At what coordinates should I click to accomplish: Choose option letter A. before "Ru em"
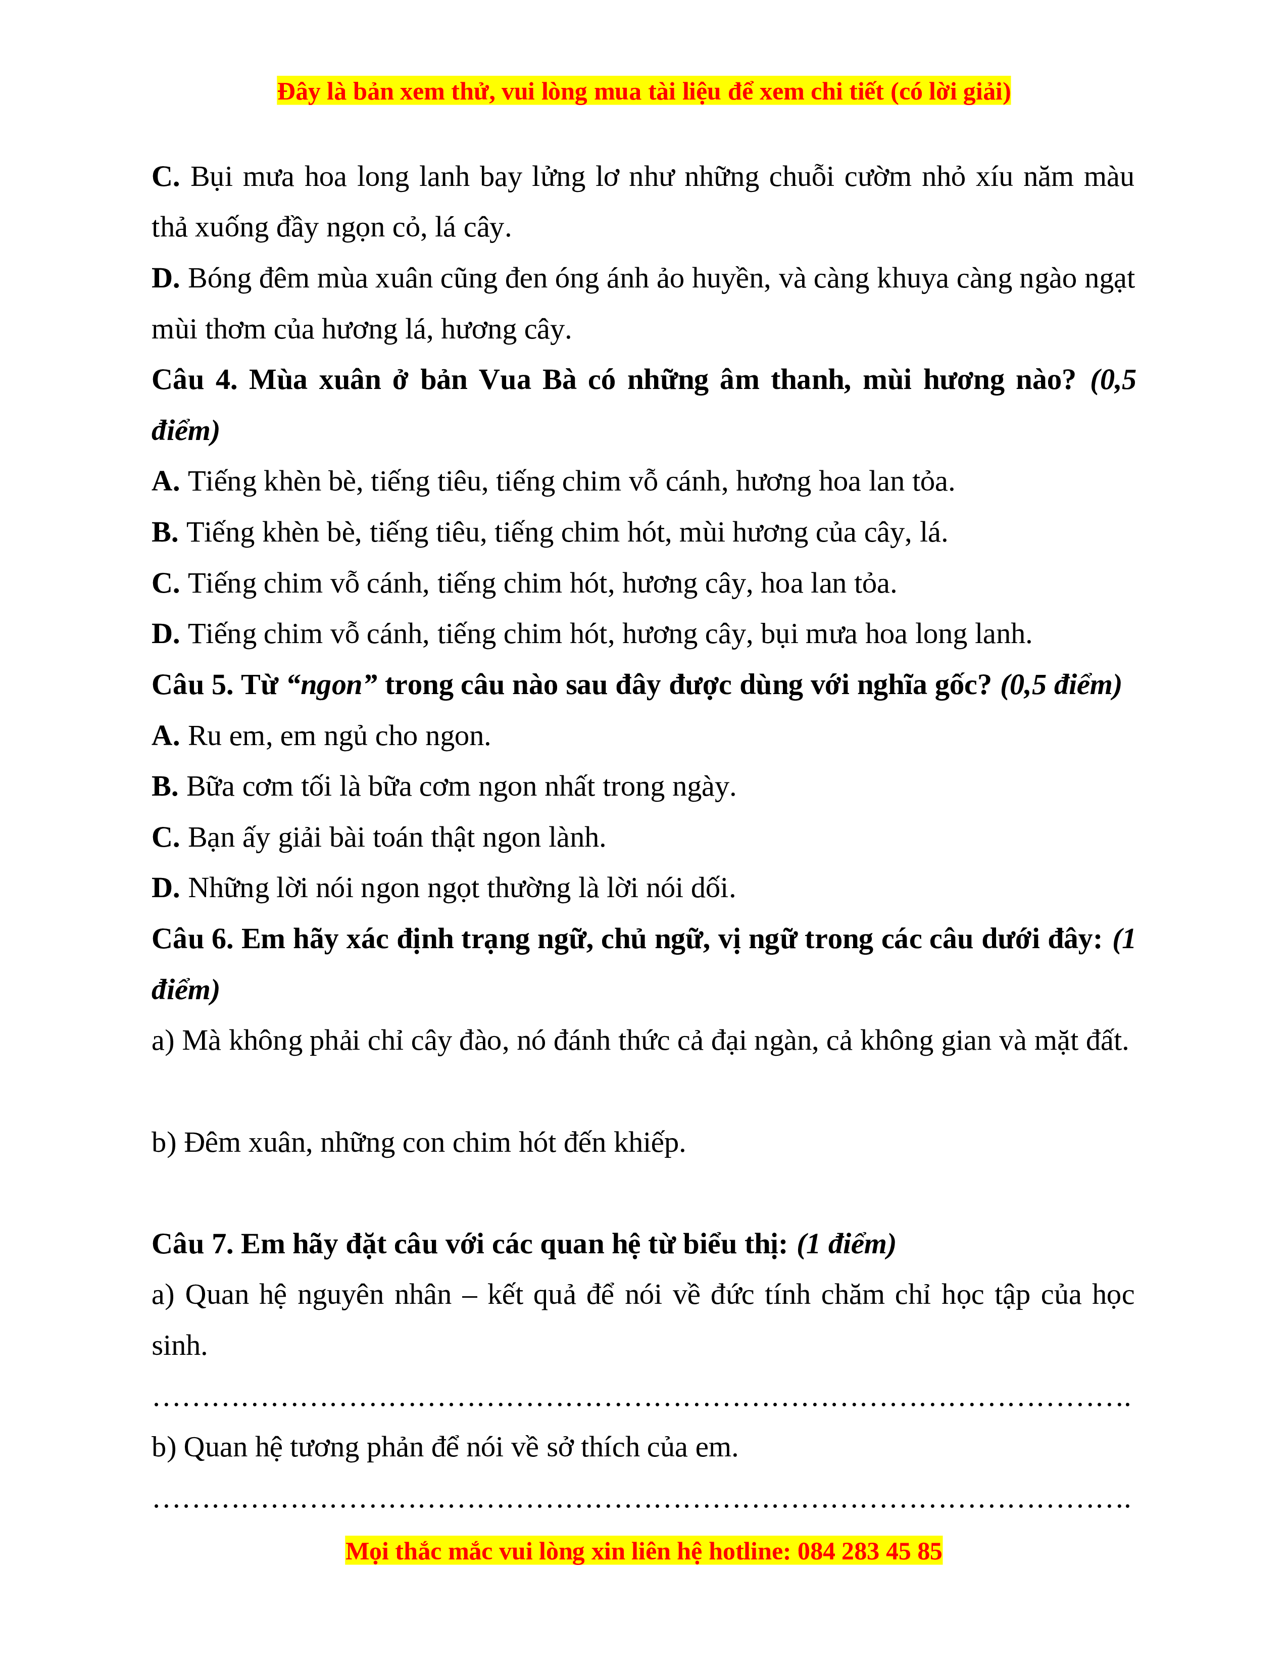[x=165, y=737]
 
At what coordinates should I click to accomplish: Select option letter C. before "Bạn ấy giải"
[x=165, y=838]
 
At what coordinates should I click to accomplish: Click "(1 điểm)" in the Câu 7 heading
[x=846, y=1245]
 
